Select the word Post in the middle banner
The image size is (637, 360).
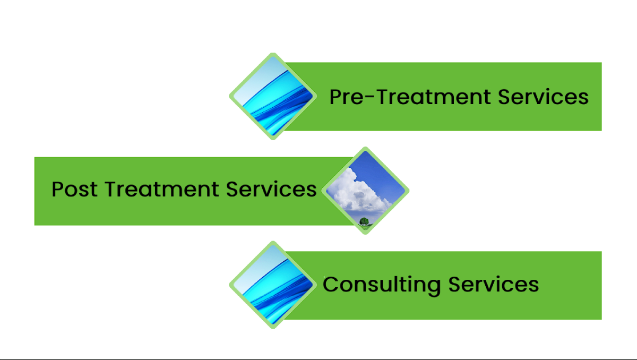coord(74,189)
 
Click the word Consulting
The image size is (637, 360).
coord(382,285)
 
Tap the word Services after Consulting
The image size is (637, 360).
coord(494,284)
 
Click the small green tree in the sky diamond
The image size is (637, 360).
coord(364,221)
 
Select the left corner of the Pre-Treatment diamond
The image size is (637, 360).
coord(230,96)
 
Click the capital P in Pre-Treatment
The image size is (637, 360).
coord(335,97)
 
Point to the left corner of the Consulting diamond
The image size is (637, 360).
coord(230,285)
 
